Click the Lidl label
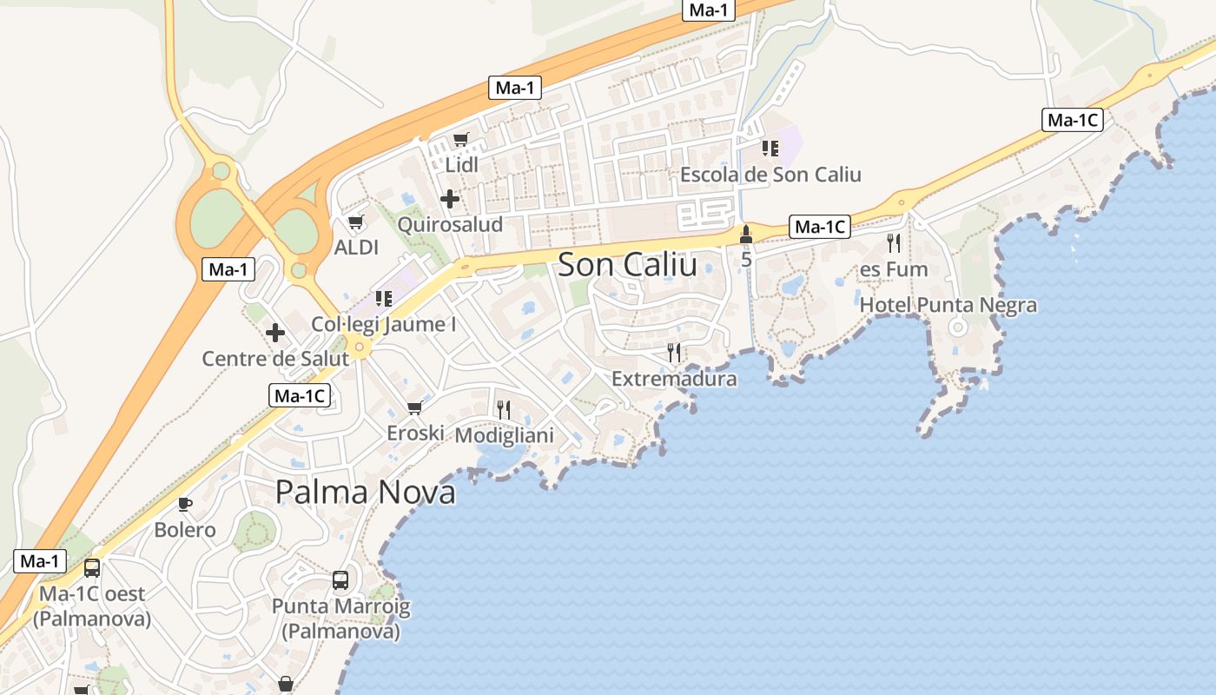(461, 164)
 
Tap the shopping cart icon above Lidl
(461, 140)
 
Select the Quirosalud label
(450, 224)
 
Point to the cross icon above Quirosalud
(450, 200)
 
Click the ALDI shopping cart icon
(356, 222)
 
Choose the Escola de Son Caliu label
(770, 175)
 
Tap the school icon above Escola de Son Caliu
(770, 149)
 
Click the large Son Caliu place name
(627, 265)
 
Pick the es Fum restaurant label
(894, 269)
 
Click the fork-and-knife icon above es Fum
(894, 243)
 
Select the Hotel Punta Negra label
(948, 305)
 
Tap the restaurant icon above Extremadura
(674, 353)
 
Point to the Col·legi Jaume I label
(383, 324)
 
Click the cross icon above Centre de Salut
(275, 333)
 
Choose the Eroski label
(415, 433)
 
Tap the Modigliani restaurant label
(504, 434)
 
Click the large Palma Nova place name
(365, 492)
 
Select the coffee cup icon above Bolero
(184, 504)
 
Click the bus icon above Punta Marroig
(340, 580)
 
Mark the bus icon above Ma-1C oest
(92, 569)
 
